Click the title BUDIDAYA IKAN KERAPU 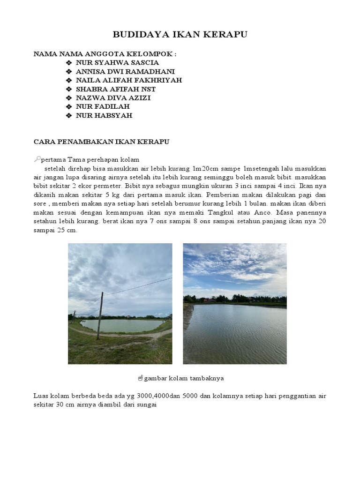click(180, 35)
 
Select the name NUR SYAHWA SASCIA click(117, 62)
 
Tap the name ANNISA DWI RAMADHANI click(125, 71)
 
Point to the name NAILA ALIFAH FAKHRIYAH click(129, 80)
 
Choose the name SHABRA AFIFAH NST click(116, 89)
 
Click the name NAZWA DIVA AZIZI click(113, 98)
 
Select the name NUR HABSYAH click(104, 115)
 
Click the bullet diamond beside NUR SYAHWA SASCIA click(68, 62)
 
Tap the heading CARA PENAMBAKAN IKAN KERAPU click(101, 141)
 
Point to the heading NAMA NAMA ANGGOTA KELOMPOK click(105, 54)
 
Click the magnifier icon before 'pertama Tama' click(37, 159)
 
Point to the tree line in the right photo click(234, 299)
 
